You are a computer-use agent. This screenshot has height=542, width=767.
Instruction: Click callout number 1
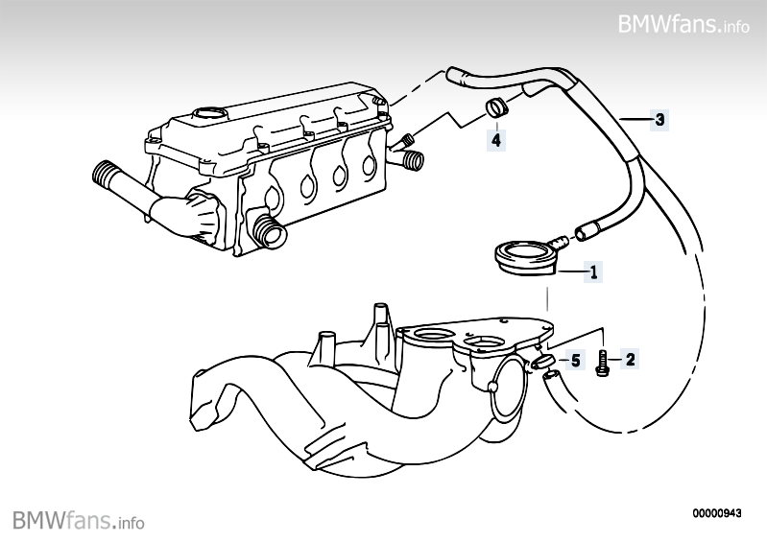(x=594, y=272)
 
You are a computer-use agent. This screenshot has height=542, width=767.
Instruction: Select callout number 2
(x=631, y=360)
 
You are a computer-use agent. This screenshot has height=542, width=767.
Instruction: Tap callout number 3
(x=659, y=120)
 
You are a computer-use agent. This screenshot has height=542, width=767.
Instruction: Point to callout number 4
(x=495, y=140)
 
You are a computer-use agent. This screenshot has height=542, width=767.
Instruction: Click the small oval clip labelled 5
(x=541, y=362)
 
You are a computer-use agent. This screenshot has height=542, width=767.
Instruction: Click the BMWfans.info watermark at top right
(x=683, y=23)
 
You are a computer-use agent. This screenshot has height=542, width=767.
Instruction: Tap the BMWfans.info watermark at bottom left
(x=79, y=521)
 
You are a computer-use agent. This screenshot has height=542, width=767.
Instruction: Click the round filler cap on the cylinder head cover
(x=207, y=116)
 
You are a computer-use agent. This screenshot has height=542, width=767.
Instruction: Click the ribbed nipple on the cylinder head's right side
(x=410, y=157)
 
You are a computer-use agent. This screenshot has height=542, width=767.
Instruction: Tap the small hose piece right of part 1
(x=587, y=231)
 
